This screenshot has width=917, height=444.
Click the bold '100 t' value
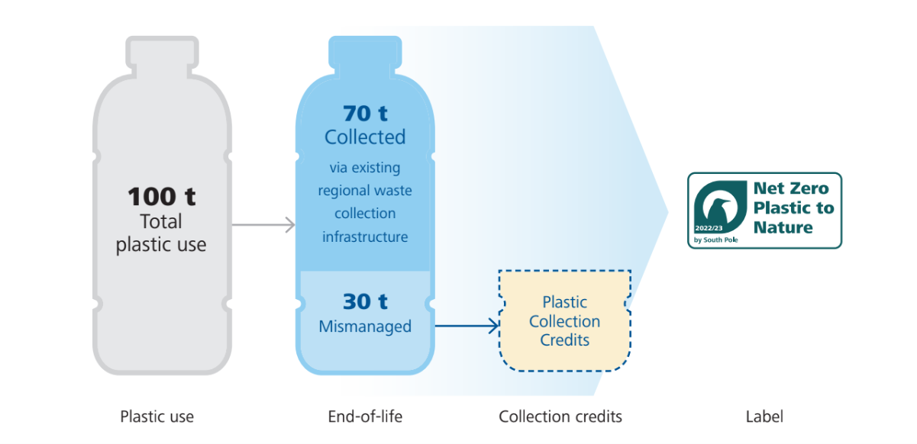point(161,196)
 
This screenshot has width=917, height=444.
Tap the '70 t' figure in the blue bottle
point(365,114)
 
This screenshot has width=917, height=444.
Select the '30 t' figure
point(365,302)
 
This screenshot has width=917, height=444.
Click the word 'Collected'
point(365,137)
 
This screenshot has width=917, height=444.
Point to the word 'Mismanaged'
point(365,327)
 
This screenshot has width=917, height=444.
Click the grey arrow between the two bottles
point(263,224)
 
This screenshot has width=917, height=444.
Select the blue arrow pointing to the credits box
point(466,327)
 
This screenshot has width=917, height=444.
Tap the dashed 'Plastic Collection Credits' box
point(565,321)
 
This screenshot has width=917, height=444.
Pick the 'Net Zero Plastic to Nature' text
point(793,208)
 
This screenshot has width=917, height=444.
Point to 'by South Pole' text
point(716,241)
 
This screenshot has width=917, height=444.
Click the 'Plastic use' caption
point(157,417)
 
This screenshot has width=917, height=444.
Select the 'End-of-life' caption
point(364,417)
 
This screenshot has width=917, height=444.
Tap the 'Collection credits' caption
point(560,417)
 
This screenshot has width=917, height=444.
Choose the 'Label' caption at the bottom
point(764,417)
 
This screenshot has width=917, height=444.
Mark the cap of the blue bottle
point(365,50)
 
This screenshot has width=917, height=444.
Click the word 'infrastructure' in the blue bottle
point(365,237)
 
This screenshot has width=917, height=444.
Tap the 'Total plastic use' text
point(161,233)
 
